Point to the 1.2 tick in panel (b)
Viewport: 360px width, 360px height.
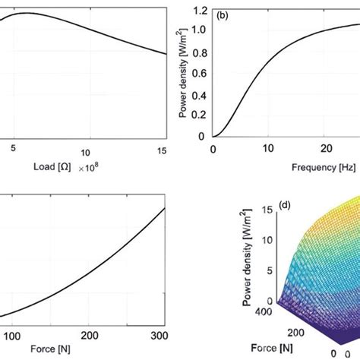198,11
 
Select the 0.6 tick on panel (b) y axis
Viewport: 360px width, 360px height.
198,74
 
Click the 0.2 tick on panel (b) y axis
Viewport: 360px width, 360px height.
198,115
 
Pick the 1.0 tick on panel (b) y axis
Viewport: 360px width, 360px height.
198,32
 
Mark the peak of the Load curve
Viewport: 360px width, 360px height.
27,13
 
